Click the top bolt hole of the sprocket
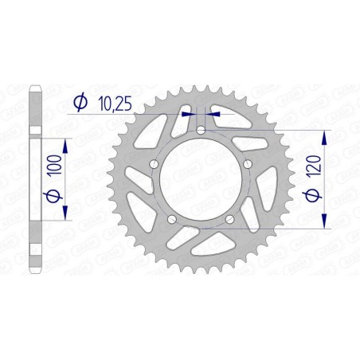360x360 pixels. (x=201, y=130)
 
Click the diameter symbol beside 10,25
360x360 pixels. (x=80, y=101)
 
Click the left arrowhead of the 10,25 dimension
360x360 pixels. (x=189, y=114)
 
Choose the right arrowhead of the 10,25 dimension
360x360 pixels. (x=212, y=114)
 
